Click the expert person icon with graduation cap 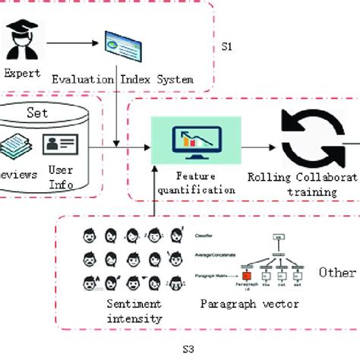coord(24,42)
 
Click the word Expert coord(24,74)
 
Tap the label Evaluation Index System coord(122,79)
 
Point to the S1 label coord(226,46)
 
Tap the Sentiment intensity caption coord(135,311)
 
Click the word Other coord(336,272)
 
